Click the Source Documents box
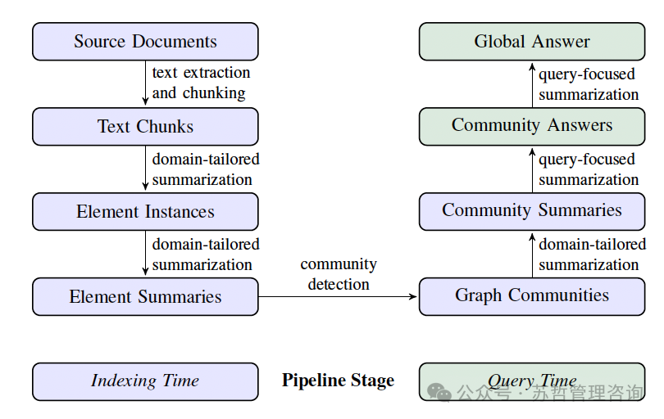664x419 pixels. (x=145, y=42)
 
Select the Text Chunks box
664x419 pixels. (x=145, y=126)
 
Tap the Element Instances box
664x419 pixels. (x=145, y=211)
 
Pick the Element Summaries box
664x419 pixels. (x=145, y=296)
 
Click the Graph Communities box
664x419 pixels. (x=532, y=296)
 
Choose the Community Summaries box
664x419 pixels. (x=532, y=211)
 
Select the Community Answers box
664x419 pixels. (x=532, y=126)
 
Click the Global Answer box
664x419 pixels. (x=532, y=42)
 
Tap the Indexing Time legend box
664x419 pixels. (x=145, y=381)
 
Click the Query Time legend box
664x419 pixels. (x=532, y=381)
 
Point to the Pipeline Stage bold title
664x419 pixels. (x=338, y=381)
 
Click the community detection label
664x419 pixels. (x=339, y=274)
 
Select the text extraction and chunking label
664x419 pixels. (x=201, y=83)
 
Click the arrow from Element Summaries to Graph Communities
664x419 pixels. (x=338, y=297)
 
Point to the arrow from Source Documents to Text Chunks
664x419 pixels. (x=145, y=83)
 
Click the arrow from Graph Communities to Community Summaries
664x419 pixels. (x=532, y=255)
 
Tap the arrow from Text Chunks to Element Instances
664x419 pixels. (x=145, y=168)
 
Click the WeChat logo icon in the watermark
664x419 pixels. (x=439, y=392)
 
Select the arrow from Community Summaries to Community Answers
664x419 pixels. (x=532, y=170)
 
